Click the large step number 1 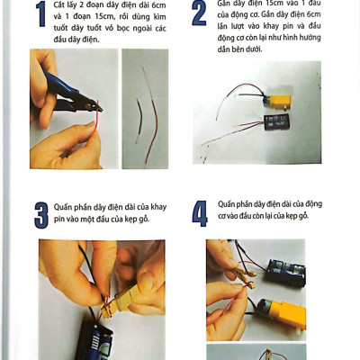coord(40,14)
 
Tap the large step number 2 coord(199,13)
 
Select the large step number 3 coord(41,215)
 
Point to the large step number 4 coord(200,213)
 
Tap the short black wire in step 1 coord(139,120)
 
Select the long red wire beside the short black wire coord(151,115)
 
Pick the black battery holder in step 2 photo coord(276,122)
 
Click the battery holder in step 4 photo coord(285,273)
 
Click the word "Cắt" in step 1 coord(59,5)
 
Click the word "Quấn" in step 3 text coord(61,207)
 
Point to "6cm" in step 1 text coord(158,5)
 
